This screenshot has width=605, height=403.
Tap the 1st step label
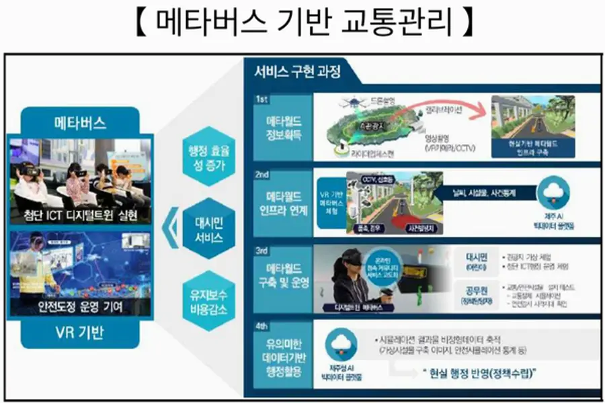[263, 99]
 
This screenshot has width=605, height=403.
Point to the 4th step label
[263, 327]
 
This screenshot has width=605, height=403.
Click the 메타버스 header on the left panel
[80, 123]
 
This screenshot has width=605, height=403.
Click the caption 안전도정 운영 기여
[80, 308]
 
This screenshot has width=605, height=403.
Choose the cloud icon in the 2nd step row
[556, 192]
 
